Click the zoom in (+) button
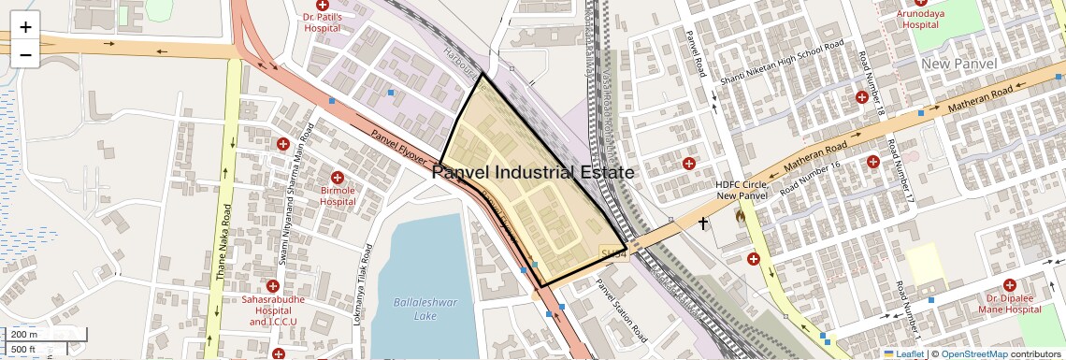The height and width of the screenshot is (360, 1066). pos(25,28)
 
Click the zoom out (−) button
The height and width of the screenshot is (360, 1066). pos(25,55)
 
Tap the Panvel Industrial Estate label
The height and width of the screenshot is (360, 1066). pos(534,173)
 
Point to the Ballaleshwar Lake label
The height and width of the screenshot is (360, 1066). pos(412,310)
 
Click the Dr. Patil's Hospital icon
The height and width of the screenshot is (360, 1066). pos(323,6)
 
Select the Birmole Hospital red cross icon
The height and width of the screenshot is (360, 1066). pos(339,177)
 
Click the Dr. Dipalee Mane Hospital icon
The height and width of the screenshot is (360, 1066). pos(1009,284)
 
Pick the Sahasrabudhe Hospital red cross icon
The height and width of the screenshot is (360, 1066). pos(273,285)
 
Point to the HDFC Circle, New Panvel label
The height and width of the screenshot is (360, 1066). pos(742,189)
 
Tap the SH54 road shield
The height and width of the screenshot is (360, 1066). pos(612,253)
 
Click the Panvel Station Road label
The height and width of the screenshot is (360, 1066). pos(622,308)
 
